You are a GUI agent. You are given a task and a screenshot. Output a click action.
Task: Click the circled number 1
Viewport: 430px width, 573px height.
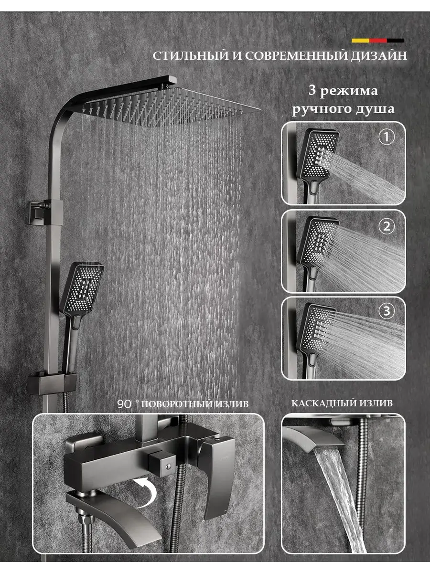tap(387, 137)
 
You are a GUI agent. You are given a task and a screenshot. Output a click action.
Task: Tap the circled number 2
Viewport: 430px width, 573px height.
tap(387, 226)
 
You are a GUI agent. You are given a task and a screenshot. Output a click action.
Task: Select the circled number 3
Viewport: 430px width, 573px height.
tap(387, 311)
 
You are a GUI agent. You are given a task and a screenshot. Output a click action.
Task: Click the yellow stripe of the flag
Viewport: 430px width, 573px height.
tap(361, 41)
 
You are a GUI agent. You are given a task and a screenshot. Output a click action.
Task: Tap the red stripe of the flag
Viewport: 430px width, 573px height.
tap(378, 41)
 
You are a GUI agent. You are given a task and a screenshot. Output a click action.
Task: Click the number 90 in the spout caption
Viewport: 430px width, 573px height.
tap(124, 404)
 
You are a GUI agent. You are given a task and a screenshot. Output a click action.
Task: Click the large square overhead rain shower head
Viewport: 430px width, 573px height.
tap(172, 107)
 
